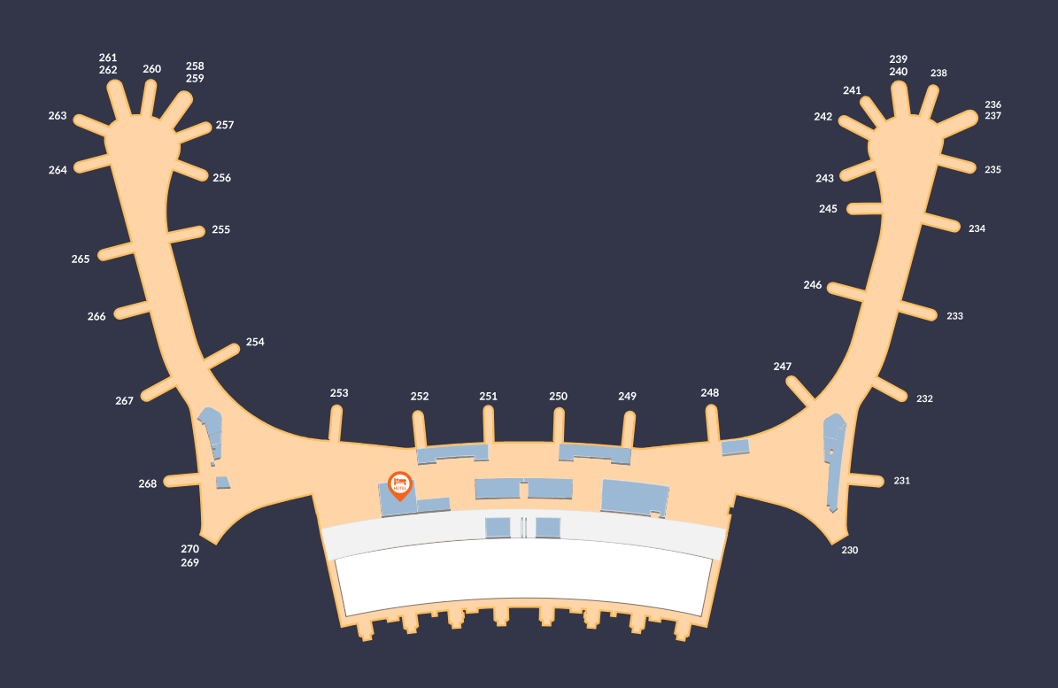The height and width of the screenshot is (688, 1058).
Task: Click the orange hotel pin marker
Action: (x=400, y=483)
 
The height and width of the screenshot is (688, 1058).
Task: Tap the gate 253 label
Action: (x=339, y=393)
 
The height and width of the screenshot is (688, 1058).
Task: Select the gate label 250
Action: (x=558, y=397)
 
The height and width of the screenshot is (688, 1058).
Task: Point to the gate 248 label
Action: (x=710, y=393)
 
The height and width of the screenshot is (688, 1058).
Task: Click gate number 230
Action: (x=850, y=550)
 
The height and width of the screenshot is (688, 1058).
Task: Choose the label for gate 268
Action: (x=148, y=483)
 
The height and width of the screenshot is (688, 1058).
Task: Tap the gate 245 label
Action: (x=828, y=209)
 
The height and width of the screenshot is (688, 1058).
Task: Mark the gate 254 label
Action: (x=255, y=342)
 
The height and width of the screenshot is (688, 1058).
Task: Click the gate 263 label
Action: (x=58, y=116)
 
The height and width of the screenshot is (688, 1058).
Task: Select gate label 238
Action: (x=938, y=73)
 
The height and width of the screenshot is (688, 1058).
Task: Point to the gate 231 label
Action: (x=901, y=481)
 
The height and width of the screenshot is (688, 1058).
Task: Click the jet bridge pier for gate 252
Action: (x=420, y=429)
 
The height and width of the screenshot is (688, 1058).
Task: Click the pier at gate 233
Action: (x=915, y=310)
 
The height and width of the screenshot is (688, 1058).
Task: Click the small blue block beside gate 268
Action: (x=223, y=483)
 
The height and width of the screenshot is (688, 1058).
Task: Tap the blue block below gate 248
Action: (x=735, y=447)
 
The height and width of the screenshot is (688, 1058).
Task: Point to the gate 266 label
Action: (x=97, y=316)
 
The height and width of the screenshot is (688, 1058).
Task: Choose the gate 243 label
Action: (x=825, y=178)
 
